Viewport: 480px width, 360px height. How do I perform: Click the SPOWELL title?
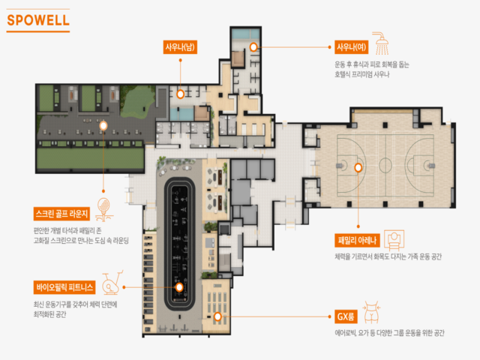point(38,20)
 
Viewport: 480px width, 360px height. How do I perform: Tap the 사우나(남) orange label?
point(180,47)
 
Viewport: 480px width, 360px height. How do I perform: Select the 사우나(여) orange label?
point(351,47)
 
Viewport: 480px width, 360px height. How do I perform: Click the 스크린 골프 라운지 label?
point(61,214)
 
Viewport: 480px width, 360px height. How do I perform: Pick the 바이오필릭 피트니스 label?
point(64,287)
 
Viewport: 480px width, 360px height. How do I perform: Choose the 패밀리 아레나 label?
point(357,240)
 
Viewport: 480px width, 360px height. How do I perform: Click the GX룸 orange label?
point(346,316)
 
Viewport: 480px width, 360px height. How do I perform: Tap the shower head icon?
point(380,43)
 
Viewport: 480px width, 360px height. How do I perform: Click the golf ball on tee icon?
point(104,209)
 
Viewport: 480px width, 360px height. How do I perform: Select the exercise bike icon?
point(112,283)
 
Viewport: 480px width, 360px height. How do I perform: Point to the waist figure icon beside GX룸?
point(371,312)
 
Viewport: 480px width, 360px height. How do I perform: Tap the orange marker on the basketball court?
point(358,167)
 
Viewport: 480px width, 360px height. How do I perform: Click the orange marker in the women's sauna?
point(253,46)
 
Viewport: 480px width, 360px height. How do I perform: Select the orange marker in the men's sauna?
point(180,94)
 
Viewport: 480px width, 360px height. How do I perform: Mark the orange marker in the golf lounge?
point(103,125)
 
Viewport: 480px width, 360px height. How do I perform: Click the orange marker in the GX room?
point(217,316)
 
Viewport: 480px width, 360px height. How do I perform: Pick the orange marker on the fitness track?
point(179,287)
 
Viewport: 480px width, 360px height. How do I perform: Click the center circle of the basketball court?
point(385,166)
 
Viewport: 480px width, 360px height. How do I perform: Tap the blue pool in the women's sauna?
point(245,33)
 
